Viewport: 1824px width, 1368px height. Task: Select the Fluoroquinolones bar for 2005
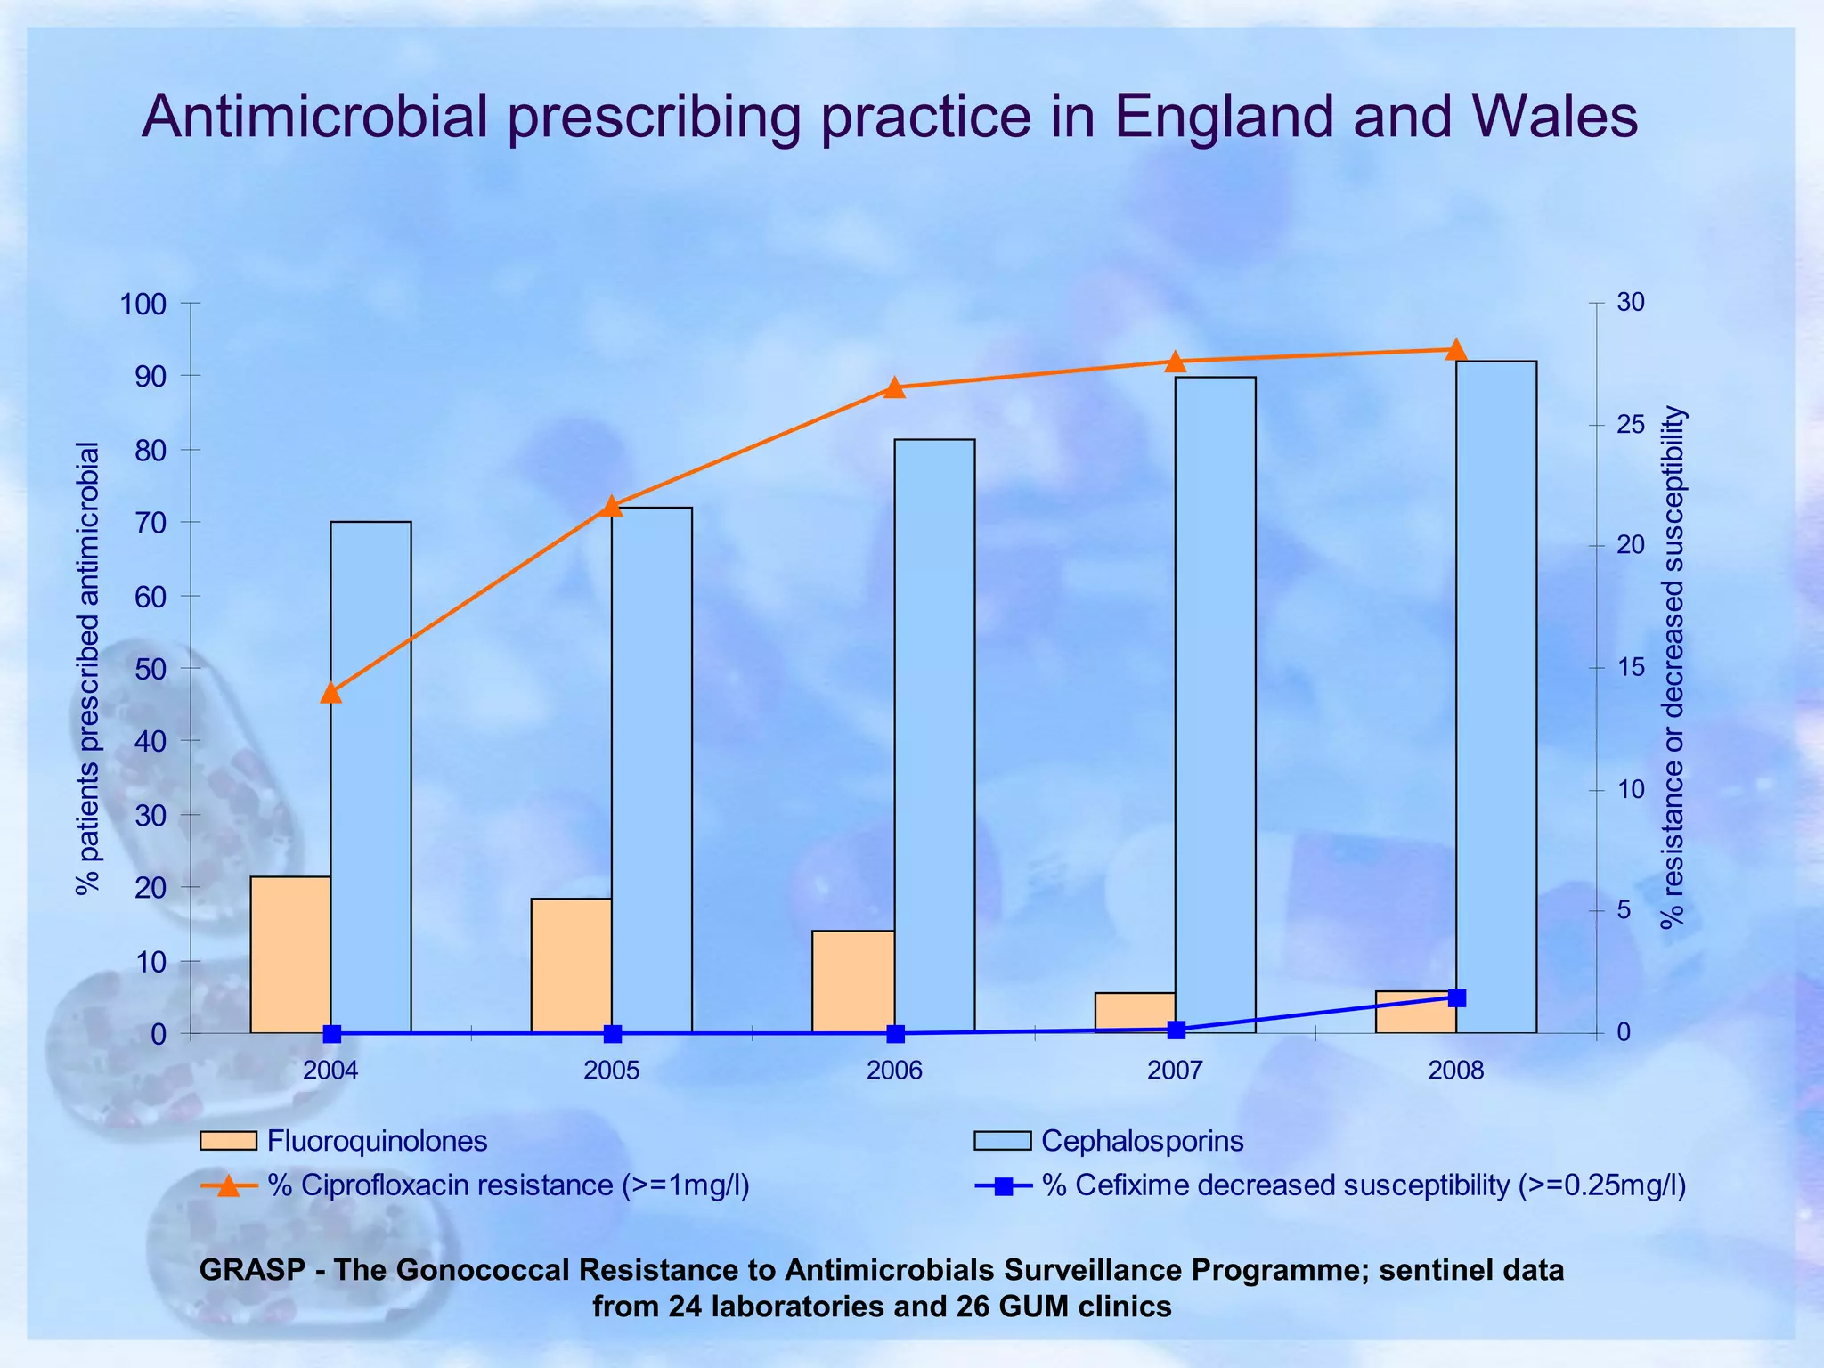coord(571,965)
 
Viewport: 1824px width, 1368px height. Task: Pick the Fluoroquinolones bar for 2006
coord(853,981)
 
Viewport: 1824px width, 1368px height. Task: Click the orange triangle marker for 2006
coord(895,387)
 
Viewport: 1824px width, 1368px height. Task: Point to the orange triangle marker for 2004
coord(331,692)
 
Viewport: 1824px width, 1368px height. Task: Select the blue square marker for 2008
coord(1456,997)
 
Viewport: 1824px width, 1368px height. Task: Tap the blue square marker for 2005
coord(613,1034)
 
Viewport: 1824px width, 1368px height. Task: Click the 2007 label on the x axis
coord(1175,1071)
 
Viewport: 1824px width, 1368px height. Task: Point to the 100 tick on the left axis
coord(143,305)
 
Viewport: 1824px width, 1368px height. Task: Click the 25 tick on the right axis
coord(1631,424)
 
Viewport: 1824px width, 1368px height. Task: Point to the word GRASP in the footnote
coord(252,1269)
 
